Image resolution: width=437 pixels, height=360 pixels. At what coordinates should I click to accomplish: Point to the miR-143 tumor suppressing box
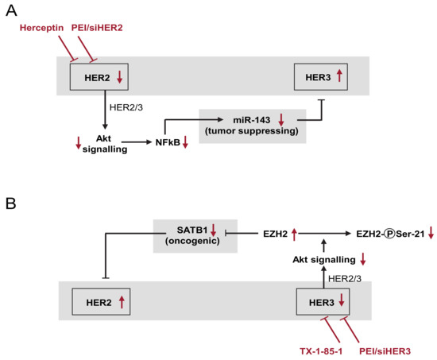coord(253,125)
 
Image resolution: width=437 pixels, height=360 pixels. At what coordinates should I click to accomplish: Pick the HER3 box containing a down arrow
coord(321,300)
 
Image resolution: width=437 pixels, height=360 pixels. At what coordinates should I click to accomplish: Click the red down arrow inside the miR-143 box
coord(282,118)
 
